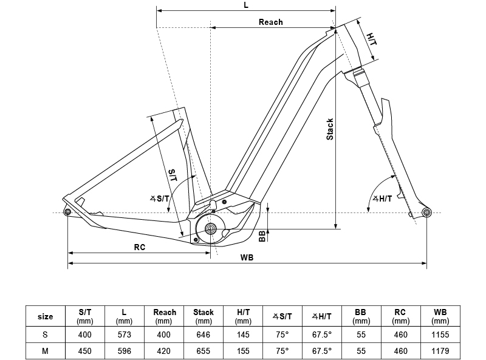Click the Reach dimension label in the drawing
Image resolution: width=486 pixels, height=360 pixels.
[271, 22]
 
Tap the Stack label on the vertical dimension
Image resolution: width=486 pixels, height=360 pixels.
[330, 129]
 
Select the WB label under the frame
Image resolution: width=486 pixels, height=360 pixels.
[247, 257]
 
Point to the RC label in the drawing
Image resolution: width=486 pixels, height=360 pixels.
[139, 247]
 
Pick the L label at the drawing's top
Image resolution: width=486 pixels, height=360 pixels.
[245, 4]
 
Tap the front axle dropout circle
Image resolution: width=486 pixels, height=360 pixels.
[426, 212]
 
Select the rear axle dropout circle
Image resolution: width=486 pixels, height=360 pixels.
[67, 211]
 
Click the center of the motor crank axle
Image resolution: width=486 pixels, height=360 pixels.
[211, 229]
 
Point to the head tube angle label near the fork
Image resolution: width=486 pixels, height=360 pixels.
[382, 199]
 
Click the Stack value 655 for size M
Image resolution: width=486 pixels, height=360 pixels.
[204, 351]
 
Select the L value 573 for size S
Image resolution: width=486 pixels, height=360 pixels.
[124, 335]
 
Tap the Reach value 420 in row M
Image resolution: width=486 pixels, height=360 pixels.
[163, 351]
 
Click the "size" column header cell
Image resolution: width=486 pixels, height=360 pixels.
[46, 316]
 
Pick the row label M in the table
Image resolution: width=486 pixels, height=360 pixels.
[46, 351]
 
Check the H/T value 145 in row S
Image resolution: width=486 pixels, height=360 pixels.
[243, 335]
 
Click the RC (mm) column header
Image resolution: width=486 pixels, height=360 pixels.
[400, 316]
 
